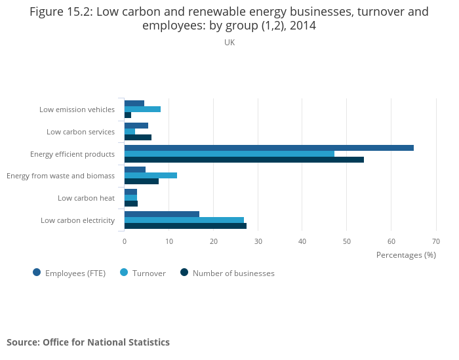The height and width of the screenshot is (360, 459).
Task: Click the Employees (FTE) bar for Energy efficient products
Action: click(269, 148)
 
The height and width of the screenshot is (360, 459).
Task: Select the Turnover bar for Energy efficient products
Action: click(229, 154)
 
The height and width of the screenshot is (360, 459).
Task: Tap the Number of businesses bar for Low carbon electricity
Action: click(186, 226)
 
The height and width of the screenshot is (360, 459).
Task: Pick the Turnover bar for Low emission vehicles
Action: click(142, 110)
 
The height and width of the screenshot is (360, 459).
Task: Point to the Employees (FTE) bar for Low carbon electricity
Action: click(162, 214)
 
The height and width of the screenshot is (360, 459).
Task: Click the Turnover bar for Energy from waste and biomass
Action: click(151, 176)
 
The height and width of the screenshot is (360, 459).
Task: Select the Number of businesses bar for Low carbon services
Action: click(138, 137)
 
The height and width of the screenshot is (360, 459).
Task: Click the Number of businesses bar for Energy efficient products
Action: click(244, 159)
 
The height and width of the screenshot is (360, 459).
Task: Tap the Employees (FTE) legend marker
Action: click(37, 273)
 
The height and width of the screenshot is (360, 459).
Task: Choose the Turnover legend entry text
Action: click(149, 273)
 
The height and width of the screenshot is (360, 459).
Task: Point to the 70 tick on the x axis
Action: click(436, 241)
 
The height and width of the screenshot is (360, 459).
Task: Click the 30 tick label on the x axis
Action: click(258, 241)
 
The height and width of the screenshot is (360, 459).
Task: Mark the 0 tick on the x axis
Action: click(125, 241)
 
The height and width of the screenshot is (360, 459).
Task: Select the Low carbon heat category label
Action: click(86, 198)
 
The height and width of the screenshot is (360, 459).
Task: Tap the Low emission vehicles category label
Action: click(77, 110)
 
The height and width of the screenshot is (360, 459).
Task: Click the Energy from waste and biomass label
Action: click(60, 176)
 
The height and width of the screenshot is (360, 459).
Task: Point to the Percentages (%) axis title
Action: click(406, 255)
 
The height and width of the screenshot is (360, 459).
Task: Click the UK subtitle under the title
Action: click(229, 43)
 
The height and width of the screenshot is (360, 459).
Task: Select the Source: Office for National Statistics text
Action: click(88, 342)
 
